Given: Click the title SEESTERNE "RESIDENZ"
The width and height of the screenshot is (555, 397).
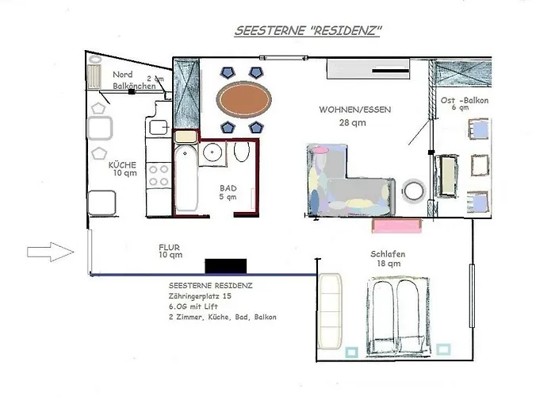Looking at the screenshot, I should [x=309, y=31].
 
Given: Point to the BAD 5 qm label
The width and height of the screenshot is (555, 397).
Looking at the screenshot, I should [x=228, y=193].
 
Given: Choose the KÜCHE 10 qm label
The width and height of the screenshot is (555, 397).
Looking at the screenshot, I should [x=123, y=168].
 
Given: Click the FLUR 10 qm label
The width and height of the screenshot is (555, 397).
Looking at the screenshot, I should [x=170, y=252].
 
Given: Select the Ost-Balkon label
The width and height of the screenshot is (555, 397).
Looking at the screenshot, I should [x=464, y=103].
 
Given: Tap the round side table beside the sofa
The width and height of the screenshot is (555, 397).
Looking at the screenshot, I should [x=414, y=190].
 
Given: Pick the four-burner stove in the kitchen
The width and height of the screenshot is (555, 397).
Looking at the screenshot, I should [x=156, y=176].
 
